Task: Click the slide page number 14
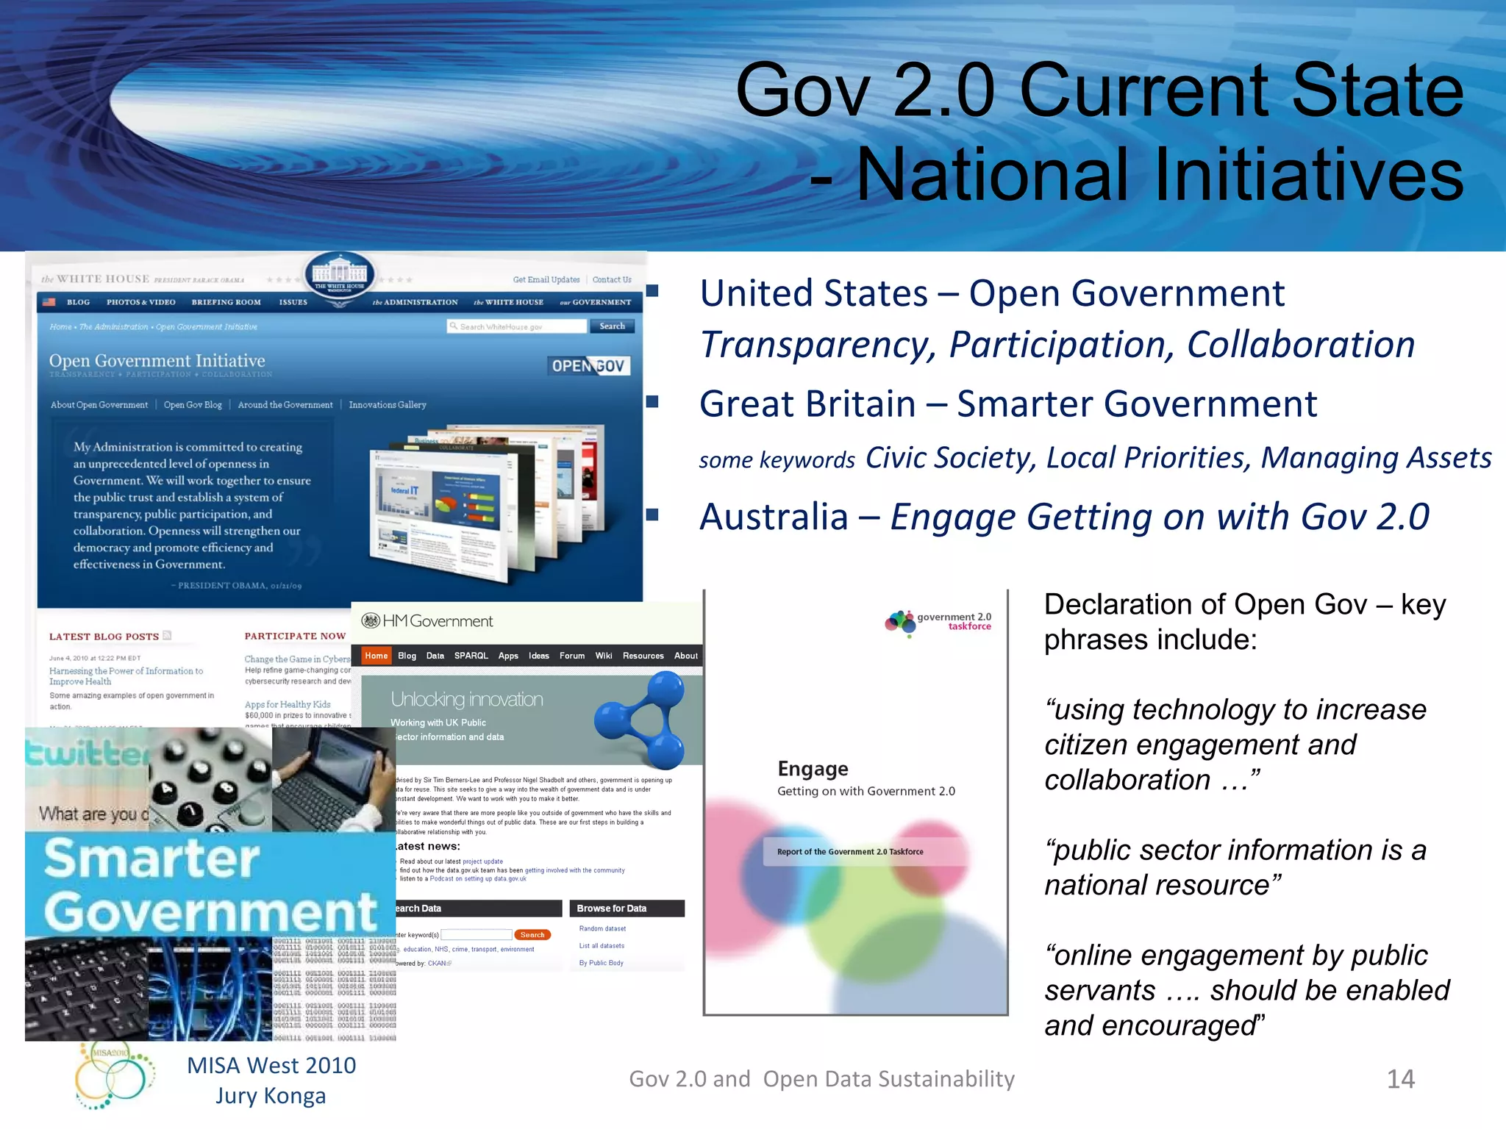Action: click(x=1400, y=1079)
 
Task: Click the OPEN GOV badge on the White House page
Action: click(x=589, y=366)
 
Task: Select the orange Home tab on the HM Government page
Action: click(x=376, y=656)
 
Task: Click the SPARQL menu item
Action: click(x=471, y=656)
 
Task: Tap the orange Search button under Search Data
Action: click(x=532, y=935)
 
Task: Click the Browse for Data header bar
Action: click(x=627, y=908)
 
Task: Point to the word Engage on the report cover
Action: click(x=813, y=769)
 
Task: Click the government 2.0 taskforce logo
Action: click(x=938, y=622)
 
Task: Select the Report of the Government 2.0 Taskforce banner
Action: click(x=851, y=852)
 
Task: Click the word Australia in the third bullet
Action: click(x=774, y=517)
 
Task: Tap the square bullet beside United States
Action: click(x=652, y=291)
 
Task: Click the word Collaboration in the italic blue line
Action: click(x=1300, y=345)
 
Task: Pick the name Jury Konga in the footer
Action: click(x=271, y=1096)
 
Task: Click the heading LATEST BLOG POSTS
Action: click(x=104, y=637)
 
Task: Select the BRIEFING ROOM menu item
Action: click(x=226, y=302)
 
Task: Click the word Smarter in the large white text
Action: click(x=151, y=859)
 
